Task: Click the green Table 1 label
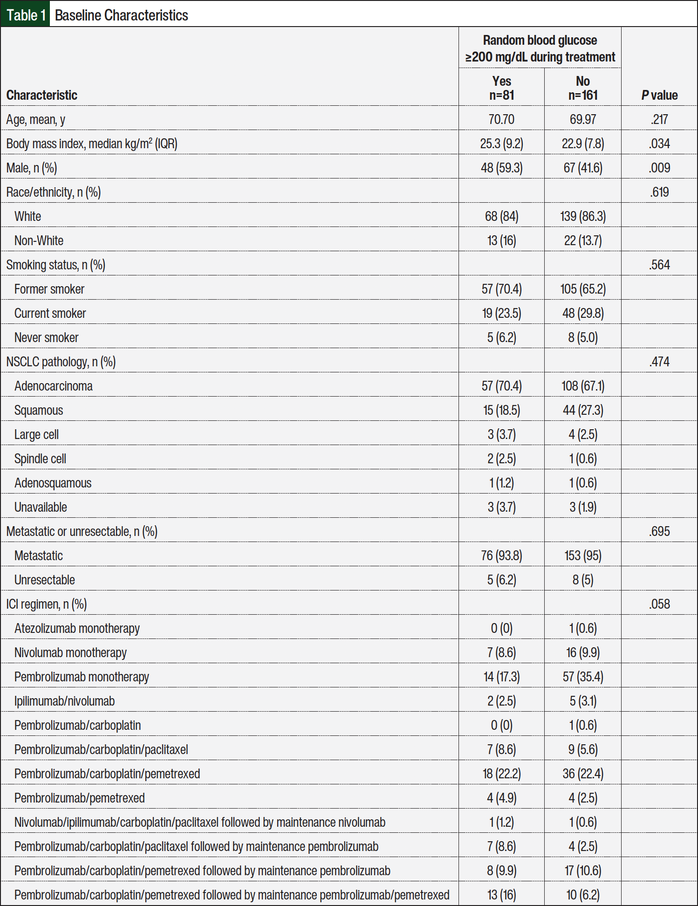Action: (x=26, y=15)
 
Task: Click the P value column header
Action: (x=659, y=95)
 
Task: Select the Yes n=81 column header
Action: (x=501, y=88)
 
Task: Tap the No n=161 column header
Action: (x=582, y=88)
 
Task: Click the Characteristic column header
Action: (x=42, y=95)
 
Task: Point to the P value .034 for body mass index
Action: (x=659, y=144)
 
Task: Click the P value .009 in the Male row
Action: (x=659, y=168)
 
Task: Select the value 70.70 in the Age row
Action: (x=501, y=119)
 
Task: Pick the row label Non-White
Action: (x=39, y=240)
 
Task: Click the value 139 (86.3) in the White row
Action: (x=582, y=216)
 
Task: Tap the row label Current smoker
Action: (x=50, y=313)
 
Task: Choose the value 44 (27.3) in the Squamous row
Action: (x=582, y=410)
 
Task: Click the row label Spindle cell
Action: (x=40, y=459)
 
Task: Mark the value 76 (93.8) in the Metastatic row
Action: (x=501, y=556)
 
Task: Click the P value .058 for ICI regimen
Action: (x=659, y=604)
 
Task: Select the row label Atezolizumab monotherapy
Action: (x=77, y=628)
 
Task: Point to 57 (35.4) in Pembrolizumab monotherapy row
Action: (x=582, y=677)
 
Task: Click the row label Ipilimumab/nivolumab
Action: (x=64, y=701)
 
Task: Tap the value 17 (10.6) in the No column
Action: (x=582, y=871)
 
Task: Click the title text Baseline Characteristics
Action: (x=121, y=15)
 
